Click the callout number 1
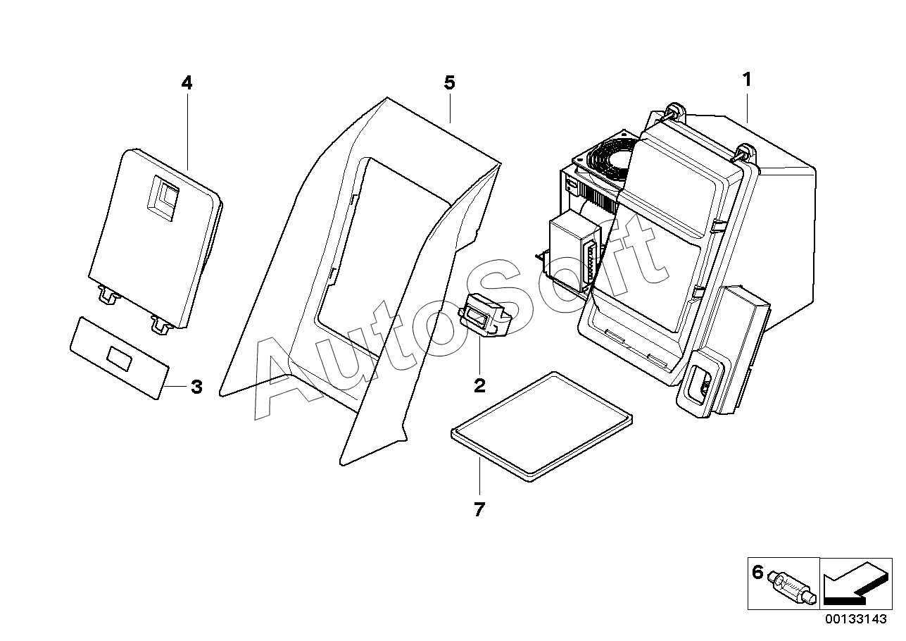point(747,80)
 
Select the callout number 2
point(479,385)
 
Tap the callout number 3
point(196,387)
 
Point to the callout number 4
point(186,83)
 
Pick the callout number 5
point(449,83)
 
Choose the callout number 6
point(757,572)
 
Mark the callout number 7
point(479,509)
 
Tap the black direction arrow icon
point(852,583)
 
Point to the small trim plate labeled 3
point(120,358)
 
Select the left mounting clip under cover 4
point(106,296)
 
